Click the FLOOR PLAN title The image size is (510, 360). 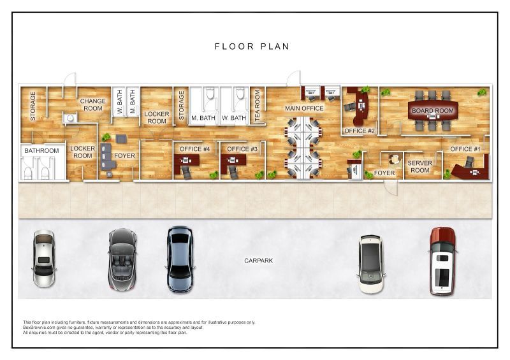[x=252, y=47]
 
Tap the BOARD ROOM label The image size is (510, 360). [x=433, y=111]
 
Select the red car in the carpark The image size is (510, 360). [x=442, y=261]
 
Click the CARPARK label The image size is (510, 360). [x=259, y=261]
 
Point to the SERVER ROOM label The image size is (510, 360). [x=420, y=166]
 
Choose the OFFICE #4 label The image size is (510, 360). [x=194, y=149]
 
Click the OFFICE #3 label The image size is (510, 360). [x=242, y=149]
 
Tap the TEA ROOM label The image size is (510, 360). [x=258, y=106]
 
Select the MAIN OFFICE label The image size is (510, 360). [x=304, y=108]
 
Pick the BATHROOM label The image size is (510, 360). [x=41, y=150]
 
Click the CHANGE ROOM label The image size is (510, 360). [x=92, y=104]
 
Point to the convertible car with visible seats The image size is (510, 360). [x=122, y=259]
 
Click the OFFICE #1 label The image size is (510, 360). [x=465, y=149]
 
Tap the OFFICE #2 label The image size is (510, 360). [x=360, y=131]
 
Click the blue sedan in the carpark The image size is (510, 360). [x=180, y=259]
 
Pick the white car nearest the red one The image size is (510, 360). [x=372, y=264]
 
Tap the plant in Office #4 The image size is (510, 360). [x=214, y=175]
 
